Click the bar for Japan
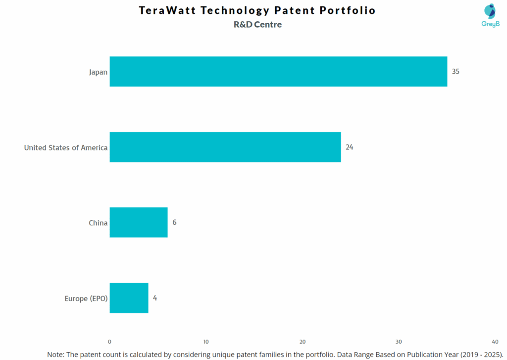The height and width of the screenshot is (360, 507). (x=278, y=71)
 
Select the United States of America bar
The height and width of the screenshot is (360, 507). (x=225, y=147)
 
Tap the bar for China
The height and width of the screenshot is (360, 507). (x=139, y=222)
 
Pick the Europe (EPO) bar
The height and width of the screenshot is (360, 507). (x=129, y=298)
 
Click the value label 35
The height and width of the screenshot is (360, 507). (x=456, y=71)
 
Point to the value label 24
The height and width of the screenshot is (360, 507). (x=349, y=147)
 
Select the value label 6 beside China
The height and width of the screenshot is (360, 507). (x=174, y=222)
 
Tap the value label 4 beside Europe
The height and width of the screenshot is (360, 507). (x=155, y=298)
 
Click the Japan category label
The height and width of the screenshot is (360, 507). (x=98, y=72)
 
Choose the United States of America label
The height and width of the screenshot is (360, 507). (x=66, y=148)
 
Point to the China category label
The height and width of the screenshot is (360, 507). (x=98, y=223)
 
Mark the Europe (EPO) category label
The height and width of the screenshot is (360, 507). (x=86, y=299)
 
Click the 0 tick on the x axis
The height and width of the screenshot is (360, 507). (x=109, y=342)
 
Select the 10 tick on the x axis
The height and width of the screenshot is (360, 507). (x=206, y=342)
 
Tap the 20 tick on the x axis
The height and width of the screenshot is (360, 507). (x=303, y=342)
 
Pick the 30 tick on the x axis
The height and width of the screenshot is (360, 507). (x=399, y=342)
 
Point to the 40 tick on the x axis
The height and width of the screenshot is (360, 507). (x=495, y=342)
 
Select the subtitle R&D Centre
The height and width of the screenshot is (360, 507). (x=257, y=25)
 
